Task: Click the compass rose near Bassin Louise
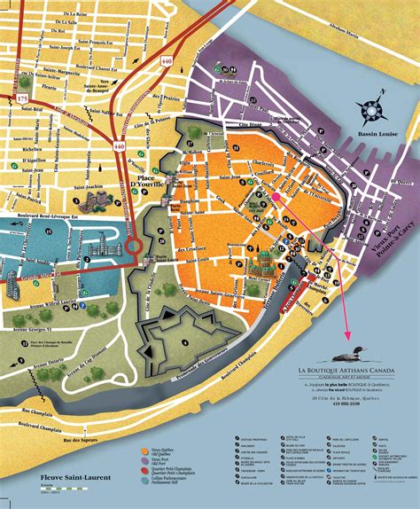tap(372, 110)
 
